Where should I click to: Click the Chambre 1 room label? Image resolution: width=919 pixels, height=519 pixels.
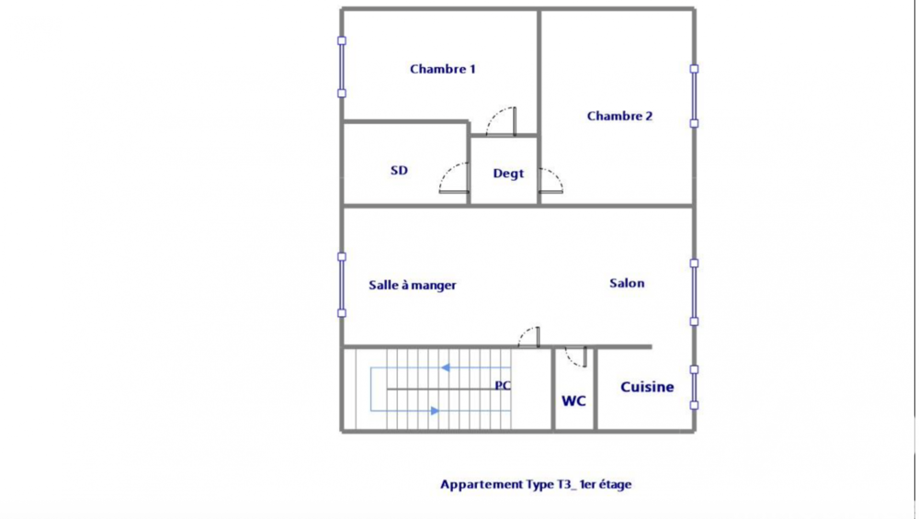[442, 69]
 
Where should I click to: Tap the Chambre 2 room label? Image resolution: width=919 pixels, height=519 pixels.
[619, 116]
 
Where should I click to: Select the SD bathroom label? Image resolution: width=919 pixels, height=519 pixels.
[399, 170]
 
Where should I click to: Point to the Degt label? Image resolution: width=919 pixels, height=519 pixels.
[508, 173]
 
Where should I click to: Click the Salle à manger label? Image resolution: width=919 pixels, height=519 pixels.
[413, 285]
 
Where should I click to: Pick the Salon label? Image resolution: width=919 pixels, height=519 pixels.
[627, 283]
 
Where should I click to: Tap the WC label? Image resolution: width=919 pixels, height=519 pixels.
[574, 401]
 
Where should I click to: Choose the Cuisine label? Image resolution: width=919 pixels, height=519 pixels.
[647, 387]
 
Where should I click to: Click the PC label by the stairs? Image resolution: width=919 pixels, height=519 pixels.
[503, 386]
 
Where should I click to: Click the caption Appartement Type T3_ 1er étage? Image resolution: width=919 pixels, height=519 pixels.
[536, 484]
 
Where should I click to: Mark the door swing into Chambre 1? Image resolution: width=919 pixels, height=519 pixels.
[502, 121]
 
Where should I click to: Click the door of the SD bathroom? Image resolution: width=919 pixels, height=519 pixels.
[455, 179]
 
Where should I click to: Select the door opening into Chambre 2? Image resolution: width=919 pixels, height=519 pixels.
[551, 181]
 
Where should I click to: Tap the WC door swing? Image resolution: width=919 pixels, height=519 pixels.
[576, 355]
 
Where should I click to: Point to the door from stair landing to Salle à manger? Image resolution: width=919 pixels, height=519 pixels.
[529, 337]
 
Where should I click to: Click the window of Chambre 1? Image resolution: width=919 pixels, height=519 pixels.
[342, 67]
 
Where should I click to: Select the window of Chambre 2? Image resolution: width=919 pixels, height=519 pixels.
[695, 96]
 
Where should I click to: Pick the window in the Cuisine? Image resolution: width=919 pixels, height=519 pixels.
[695, 387]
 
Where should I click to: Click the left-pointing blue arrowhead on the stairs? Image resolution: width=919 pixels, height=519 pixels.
[445, 367]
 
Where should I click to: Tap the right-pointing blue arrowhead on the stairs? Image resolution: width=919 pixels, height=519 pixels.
[435, 411]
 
